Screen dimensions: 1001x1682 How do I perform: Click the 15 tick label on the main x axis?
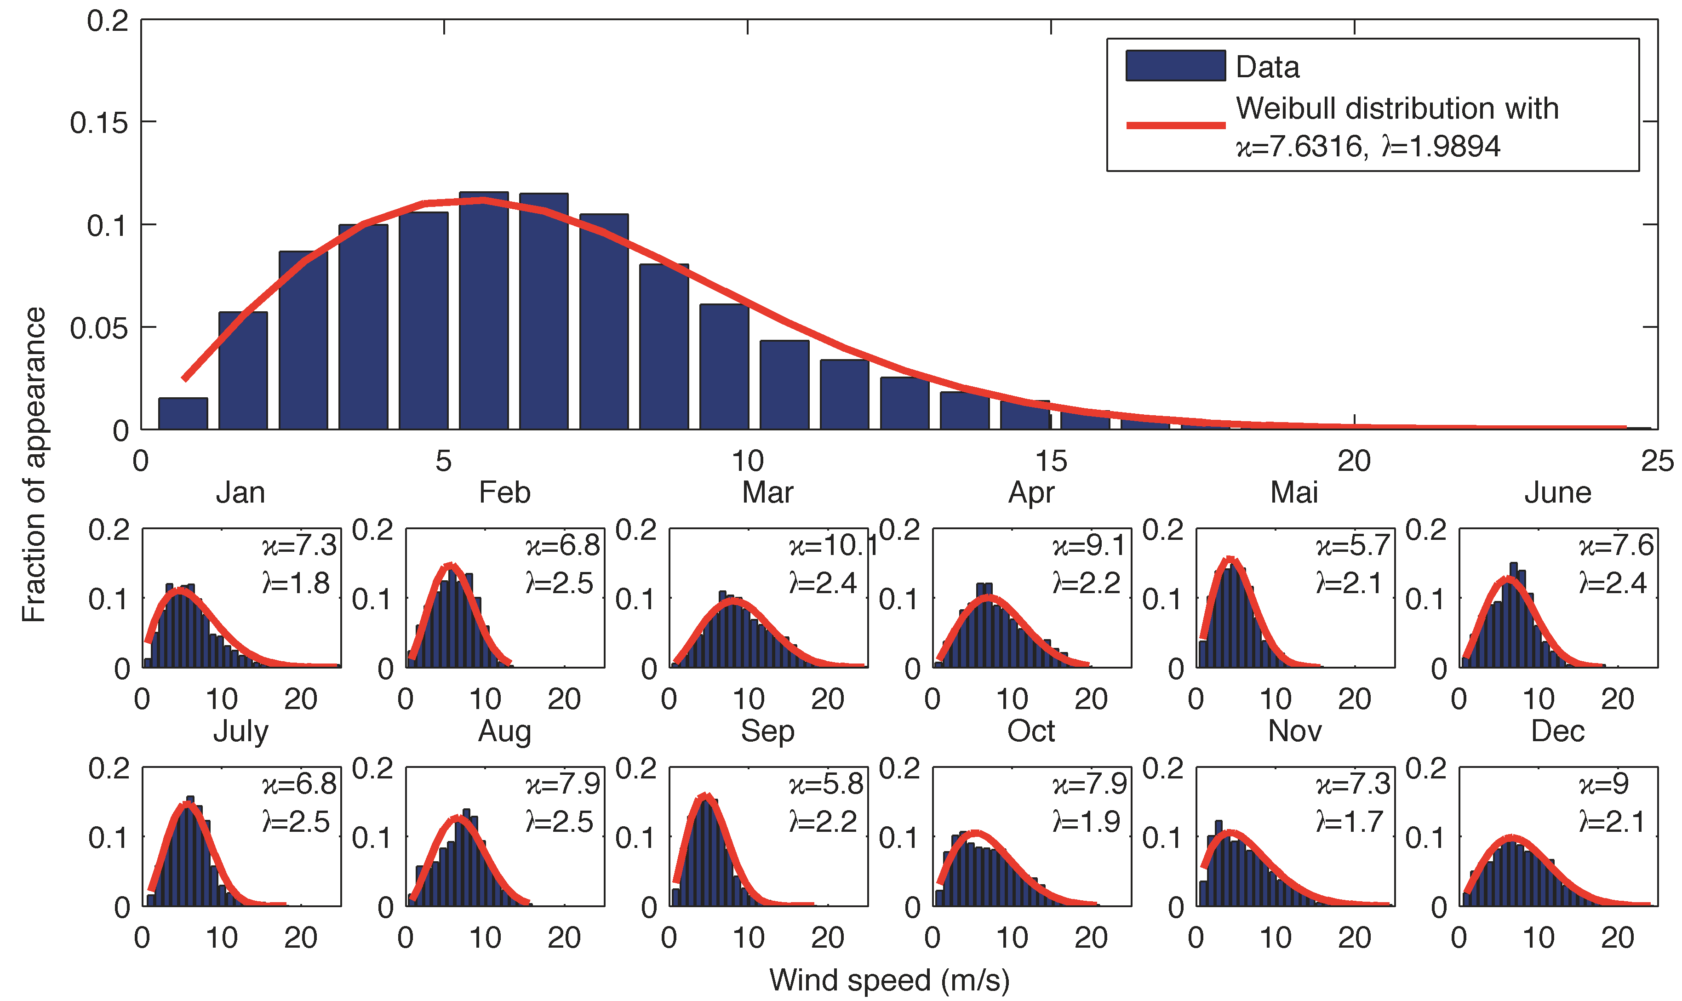[1050, 461]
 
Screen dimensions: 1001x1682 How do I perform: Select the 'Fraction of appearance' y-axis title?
[34, 464]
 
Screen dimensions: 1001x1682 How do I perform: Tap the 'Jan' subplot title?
[240, 492]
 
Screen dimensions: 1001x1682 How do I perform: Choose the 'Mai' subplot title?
[1293, 492]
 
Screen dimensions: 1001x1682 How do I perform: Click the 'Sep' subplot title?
[767, 731]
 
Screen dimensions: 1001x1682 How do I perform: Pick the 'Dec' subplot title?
[1557, 731]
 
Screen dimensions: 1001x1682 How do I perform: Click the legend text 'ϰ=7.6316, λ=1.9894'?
[1367, 146]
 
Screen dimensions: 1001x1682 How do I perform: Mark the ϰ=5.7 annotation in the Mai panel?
[1352, 545]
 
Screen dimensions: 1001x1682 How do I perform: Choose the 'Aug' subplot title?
[504, 731]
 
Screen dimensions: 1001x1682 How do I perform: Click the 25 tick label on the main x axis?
[1656, 461]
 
